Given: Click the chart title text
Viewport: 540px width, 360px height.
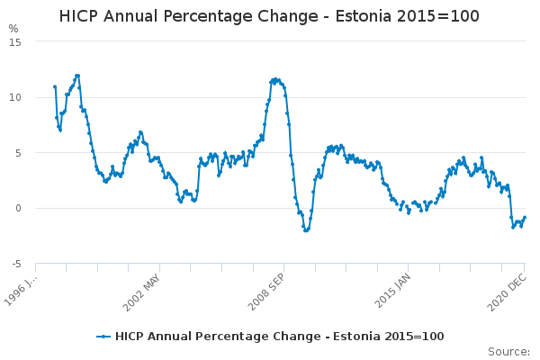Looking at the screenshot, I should pos(269,16).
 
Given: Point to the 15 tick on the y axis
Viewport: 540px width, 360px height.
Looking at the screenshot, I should pos(15,41).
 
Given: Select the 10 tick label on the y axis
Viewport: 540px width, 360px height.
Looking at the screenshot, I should pos(15,97).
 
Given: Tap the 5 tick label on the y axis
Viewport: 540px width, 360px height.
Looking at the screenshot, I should pos(18,153).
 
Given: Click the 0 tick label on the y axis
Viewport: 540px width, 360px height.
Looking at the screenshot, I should pos(18,209).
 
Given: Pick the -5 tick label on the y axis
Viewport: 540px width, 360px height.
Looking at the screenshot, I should pos(15,264).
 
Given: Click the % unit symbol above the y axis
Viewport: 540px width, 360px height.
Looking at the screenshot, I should pos(13,29).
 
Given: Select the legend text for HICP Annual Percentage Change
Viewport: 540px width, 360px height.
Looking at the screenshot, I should pos(279,337).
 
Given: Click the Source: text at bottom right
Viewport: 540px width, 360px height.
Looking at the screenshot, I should pos(508,351).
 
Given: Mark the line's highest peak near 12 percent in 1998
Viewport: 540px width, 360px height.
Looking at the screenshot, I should pos(77,76).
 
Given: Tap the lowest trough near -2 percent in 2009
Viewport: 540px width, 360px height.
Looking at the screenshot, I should pos(306,230).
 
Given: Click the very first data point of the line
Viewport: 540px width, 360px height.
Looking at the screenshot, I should pos(55,86).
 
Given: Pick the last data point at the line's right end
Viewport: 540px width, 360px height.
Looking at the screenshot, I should pos(525,217).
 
